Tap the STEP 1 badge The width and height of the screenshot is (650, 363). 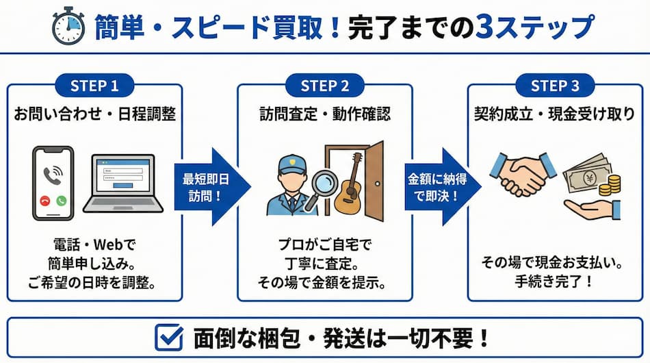pyautogui.click(x=95, y=86)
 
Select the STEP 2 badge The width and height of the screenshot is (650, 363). pyautogui.click(x=325, y=86)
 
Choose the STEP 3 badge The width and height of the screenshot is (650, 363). pyautogui.click(x=555, y=86)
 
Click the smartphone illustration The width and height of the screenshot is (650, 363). pyautogui.click(x=53, y=183)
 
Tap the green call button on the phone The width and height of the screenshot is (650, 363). pyautogui.click(x=62, y=201)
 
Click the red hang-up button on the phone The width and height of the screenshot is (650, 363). pyautogui.click(x=45, y=201)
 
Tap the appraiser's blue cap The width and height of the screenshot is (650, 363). pyautogui.click(x=290, y=165)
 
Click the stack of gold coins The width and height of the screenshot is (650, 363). pyautogui.click(x=613, y=184)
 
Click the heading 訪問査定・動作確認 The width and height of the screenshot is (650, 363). pyautogui.click(x=325, y=114)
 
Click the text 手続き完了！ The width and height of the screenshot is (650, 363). pyautogui.click(x=555, y=281)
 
